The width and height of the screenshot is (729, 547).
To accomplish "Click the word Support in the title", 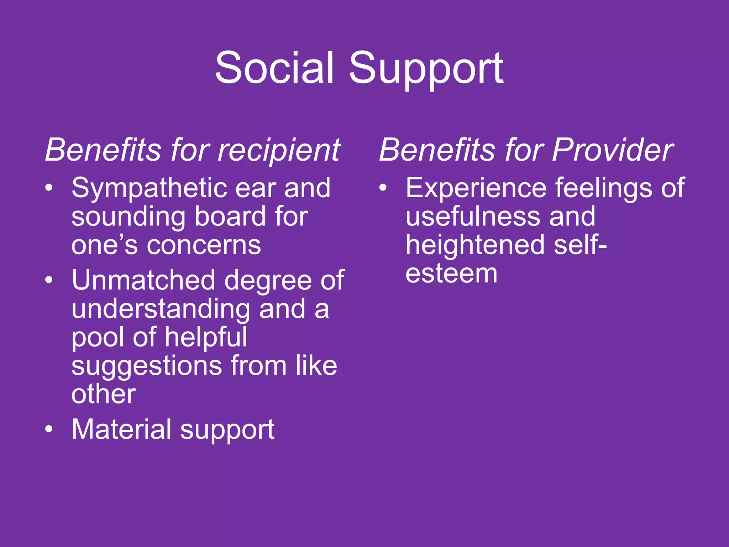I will [x=426, y=69].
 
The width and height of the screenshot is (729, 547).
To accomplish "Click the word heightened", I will [x=475, y=245].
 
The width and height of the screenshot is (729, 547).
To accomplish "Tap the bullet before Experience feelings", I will [x=383, y=188].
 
